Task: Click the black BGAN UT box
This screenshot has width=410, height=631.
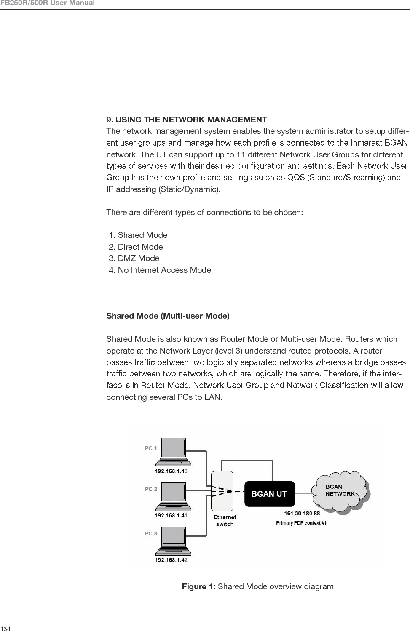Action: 270,494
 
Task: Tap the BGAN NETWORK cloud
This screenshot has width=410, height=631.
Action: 340,491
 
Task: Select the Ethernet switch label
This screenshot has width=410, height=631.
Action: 225,520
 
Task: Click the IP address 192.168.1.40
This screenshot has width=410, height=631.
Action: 171,471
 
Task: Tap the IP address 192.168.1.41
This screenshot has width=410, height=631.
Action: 171,515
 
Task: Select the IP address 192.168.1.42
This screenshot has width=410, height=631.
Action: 171,560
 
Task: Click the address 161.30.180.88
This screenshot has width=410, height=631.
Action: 302,513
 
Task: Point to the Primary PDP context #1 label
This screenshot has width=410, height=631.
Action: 301,523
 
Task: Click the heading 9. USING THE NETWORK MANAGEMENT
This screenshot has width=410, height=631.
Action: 187,120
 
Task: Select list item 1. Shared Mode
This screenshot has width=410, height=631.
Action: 138,235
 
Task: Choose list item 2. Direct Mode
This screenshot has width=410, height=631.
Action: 136,247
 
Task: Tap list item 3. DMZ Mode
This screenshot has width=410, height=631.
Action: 134,258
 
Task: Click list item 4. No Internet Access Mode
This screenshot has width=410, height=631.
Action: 160,270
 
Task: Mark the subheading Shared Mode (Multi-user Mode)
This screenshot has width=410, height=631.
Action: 168,316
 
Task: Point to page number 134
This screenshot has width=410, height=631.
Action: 5,628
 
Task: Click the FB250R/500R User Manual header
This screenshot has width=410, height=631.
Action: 47,3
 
